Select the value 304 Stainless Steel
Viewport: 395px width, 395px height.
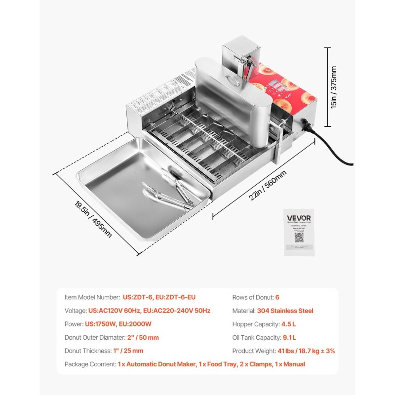pos(285,311)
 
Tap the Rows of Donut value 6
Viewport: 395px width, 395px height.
pos(277,297)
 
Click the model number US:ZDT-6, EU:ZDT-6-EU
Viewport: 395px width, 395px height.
pos(159,297)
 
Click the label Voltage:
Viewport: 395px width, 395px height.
pos(76,311)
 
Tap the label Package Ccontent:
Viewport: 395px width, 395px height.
pos(90,364)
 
